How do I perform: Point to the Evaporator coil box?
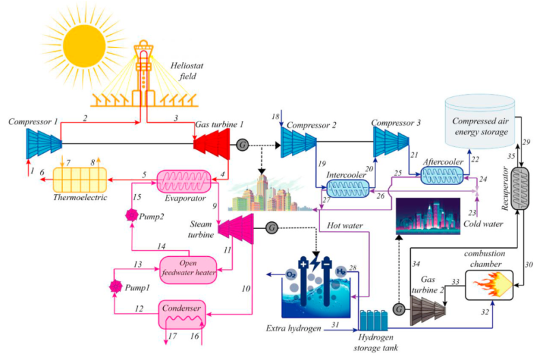[x=186, y=180]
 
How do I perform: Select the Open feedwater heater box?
[x=188, y=268]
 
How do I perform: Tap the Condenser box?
[x=183, y=314]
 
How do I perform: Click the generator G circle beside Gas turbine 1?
[x=242, y=145]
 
